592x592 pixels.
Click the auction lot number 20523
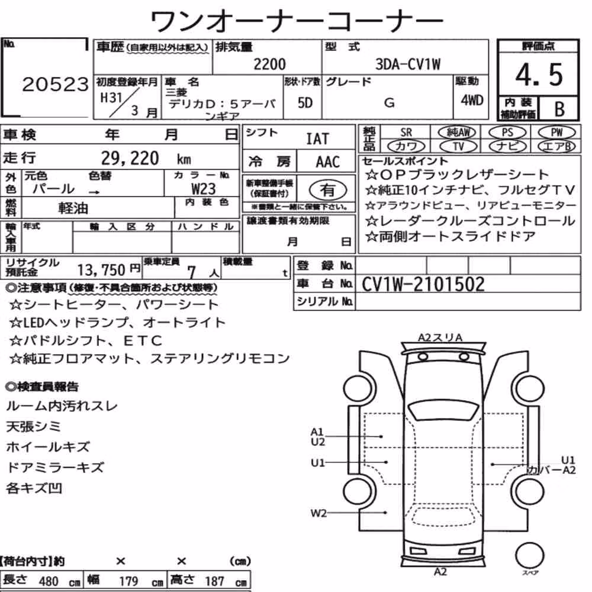pyautogui.click(x=55, y=84)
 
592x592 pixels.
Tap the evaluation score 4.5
pyautogui.click(x=539, y=75)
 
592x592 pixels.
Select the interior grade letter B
pyautogui.click(x=559, y=109)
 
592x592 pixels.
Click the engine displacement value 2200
pyautogui.click(x=269, y=64)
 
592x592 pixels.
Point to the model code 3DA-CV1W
pyautogui.click(x=408, y=64)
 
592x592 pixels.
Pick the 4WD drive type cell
pyautogui.click(x=472, y=100)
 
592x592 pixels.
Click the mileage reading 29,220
pyautogui.click(x=130, y=158)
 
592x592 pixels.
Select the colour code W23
pyautogui.click(x=204, y=188)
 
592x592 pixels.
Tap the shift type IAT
pyautogui.click(x=317, y=139)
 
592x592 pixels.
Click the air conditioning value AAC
pyautogui.click(x=328, y=162)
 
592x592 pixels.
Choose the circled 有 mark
pyautogui.click(x=328, y=190)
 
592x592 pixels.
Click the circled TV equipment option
pyautogui.click(x=458, y=146)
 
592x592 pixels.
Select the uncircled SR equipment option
pyautogui.click(x=406, y=133)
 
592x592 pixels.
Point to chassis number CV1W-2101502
pyautogui.click(x=423, y=284)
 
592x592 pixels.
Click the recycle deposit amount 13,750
pyautogui.click(x=101, y=270)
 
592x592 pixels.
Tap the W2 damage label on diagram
pyautogui.click(x=318, y=513)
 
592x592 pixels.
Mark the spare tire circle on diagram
pyautogui.click(x=529, y=556)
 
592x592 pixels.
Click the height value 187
pyautogui.click(x=214, y=581)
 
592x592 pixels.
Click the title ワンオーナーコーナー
pyautogui.click(x=297, y=21)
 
